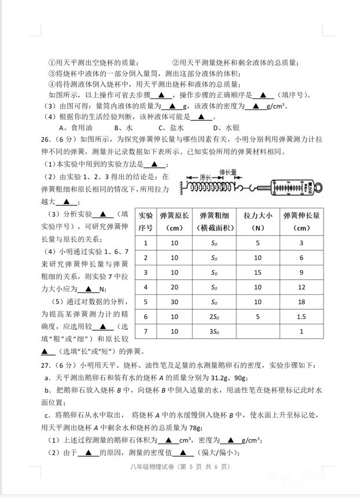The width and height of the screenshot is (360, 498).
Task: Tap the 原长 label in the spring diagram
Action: coord(207,178)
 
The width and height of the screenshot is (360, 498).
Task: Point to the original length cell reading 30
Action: coord(175,302)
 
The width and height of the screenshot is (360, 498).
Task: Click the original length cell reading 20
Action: coord(175,287)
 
